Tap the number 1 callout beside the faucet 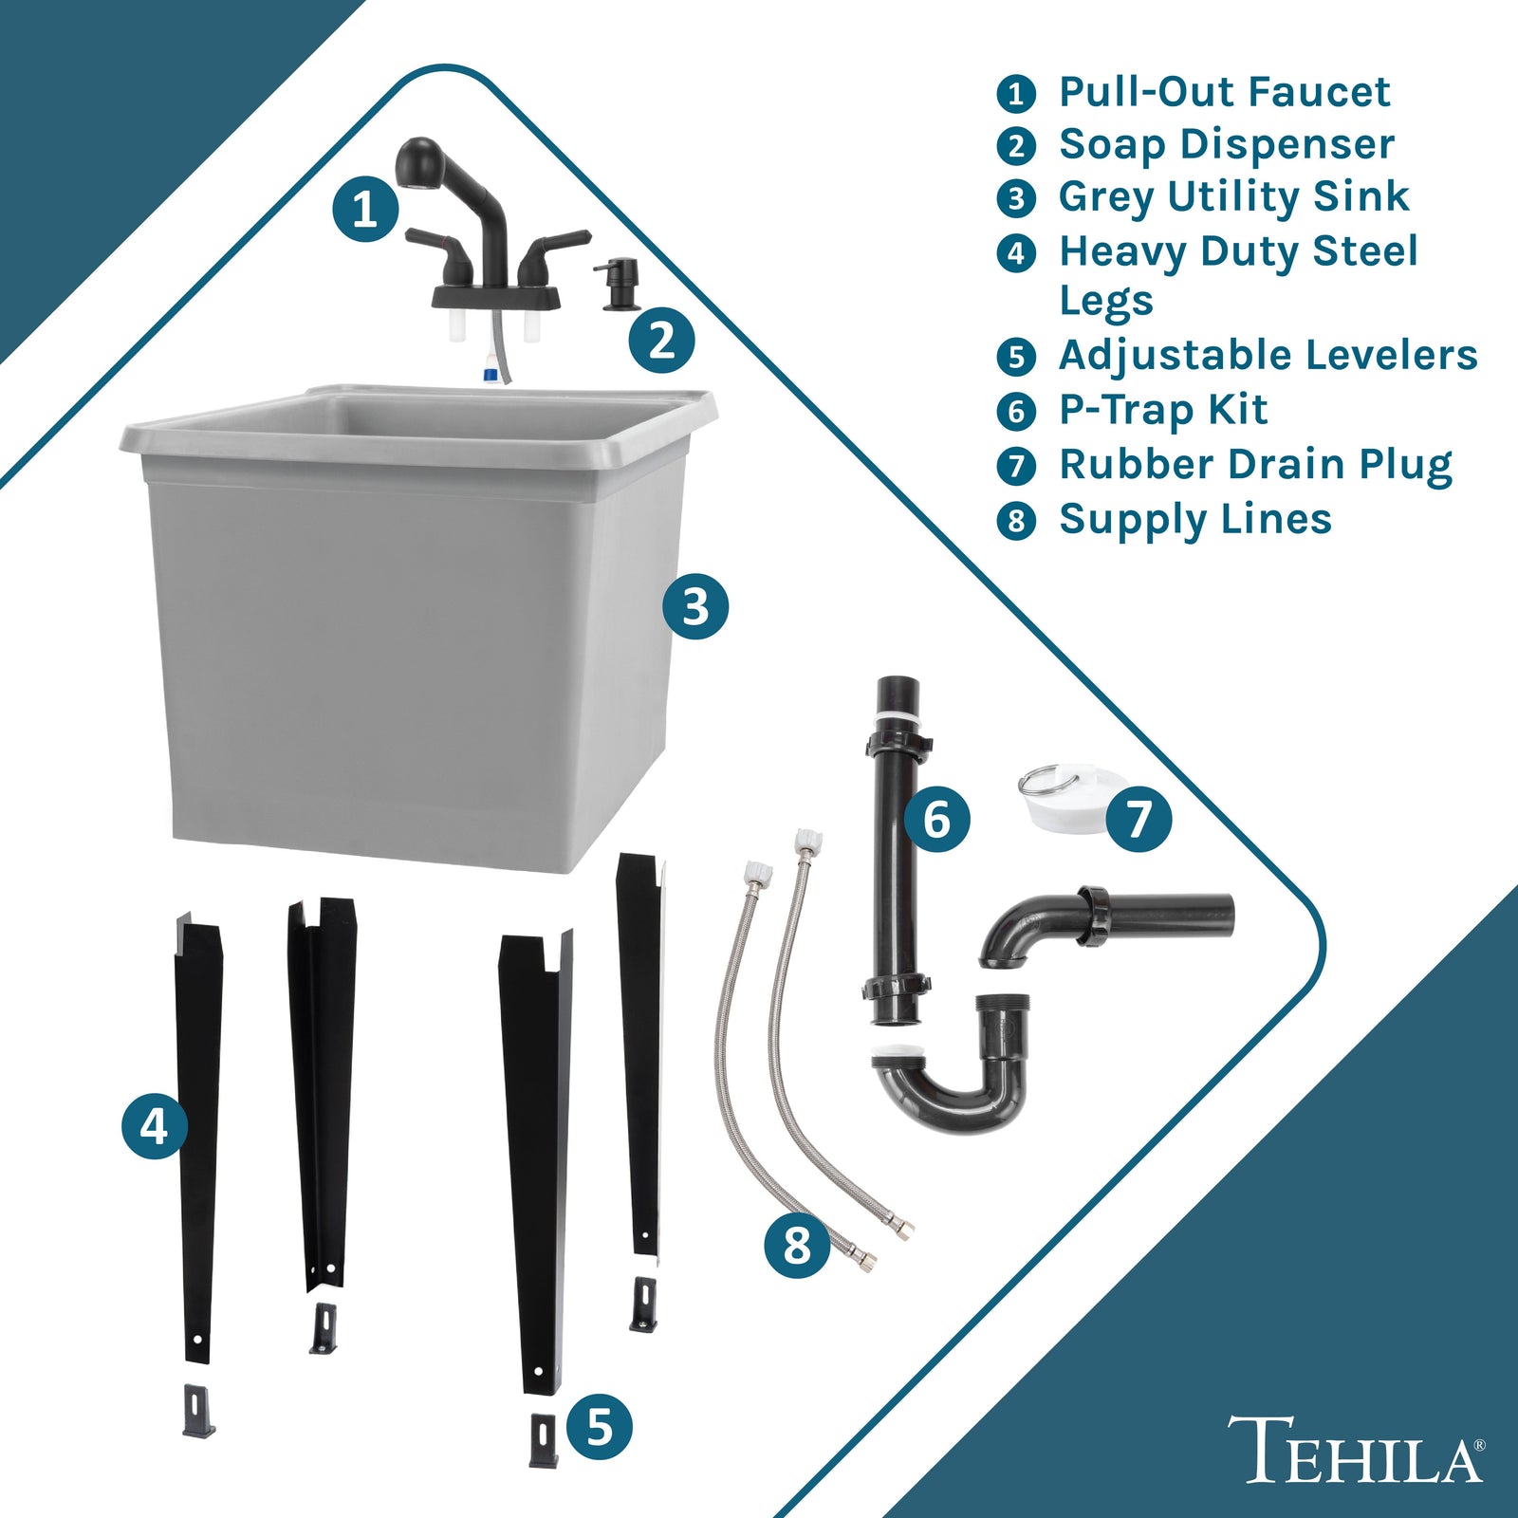[365, 209]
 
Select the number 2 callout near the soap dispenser [662, 340]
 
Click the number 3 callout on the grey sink [695, 606]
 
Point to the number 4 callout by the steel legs [155, 1126]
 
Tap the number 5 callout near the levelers [600, 1426]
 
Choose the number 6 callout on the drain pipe [936, 819]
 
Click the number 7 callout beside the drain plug [1138, 819]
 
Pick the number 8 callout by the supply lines [797, 1245]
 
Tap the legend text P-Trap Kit [1163, 410]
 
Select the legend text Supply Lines [1195, 520]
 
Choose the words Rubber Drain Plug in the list [1255, 465]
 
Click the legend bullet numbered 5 [1016, 357]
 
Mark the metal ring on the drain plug [1048, 783]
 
